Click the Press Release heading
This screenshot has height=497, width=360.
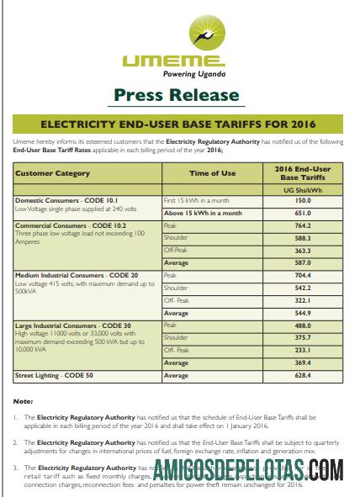point(180,94)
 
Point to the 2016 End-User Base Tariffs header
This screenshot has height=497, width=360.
point(306,173)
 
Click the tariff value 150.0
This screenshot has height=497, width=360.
point(306,202)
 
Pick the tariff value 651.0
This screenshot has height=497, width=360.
point(306,214)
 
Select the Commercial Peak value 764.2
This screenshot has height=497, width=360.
point(306,226)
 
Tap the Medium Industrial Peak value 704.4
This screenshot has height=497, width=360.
point(306,275)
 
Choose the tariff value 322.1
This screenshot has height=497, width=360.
point(306,300)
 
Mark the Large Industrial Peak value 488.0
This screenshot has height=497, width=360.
point(306,325)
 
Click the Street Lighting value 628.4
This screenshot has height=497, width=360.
point(306,374)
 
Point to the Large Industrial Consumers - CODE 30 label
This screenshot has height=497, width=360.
point(72,325)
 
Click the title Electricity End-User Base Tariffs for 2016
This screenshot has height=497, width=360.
point(180,121)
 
